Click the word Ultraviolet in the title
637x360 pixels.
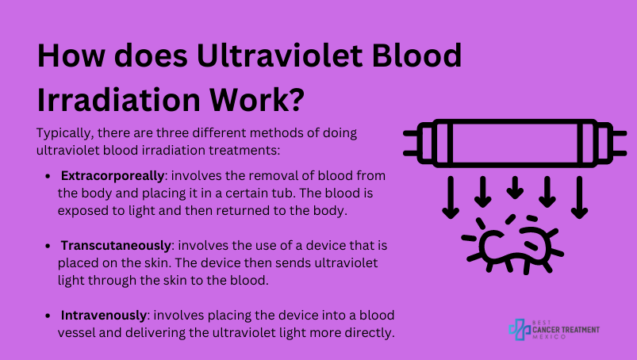point(279,56)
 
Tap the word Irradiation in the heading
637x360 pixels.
point(118,99)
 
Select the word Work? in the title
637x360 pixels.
point(257,99)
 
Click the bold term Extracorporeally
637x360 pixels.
point(113,176)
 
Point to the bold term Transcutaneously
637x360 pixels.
point(116,246)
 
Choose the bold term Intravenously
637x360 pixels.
point(104,316)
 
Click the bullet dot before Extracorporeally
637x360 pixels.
point(48,177)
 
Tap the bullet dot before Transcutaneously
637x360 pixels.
point(48,247)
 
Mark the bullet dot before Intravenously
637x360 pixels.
point(48,316)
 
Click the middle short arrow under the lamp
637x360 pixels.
point(515,187)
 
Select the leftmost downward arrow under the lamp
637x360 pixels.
point(451,197)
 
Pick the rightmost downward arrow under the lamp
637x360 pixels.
point(579,197)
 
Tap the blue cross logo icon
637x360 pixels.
point(520,329)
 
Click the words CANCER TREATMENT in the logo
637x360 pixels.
point(566,330)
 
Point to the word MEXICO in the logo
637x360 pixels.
point(549,337)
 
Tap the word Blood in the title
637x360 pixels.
point(416,56)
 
